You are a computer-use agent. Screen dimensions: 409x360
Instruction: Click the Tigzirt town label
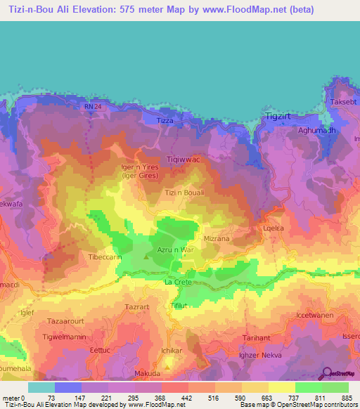click(x=278, y=116)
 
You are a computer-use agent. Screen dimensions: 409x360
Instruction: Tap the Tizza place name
click(x=164, y=121)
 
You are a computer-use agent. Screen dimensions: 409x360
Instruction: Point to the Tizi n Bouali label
click(x=184, y=193)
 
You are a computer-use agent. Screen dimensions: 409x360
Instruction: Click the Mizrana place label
click(x=217, y=238)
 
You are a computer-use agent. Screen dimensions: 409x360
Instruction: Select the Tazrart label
click(x=138, y=308)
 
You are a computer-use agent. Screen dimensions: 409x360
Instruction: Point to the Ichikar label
click(x=172, y=349)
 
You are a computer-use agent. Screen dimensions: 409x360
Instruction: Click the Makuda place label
click(x=148, y=373)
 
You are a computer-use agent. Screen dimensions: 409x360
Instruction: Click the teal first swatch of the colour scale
click(x=41, y=387)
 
